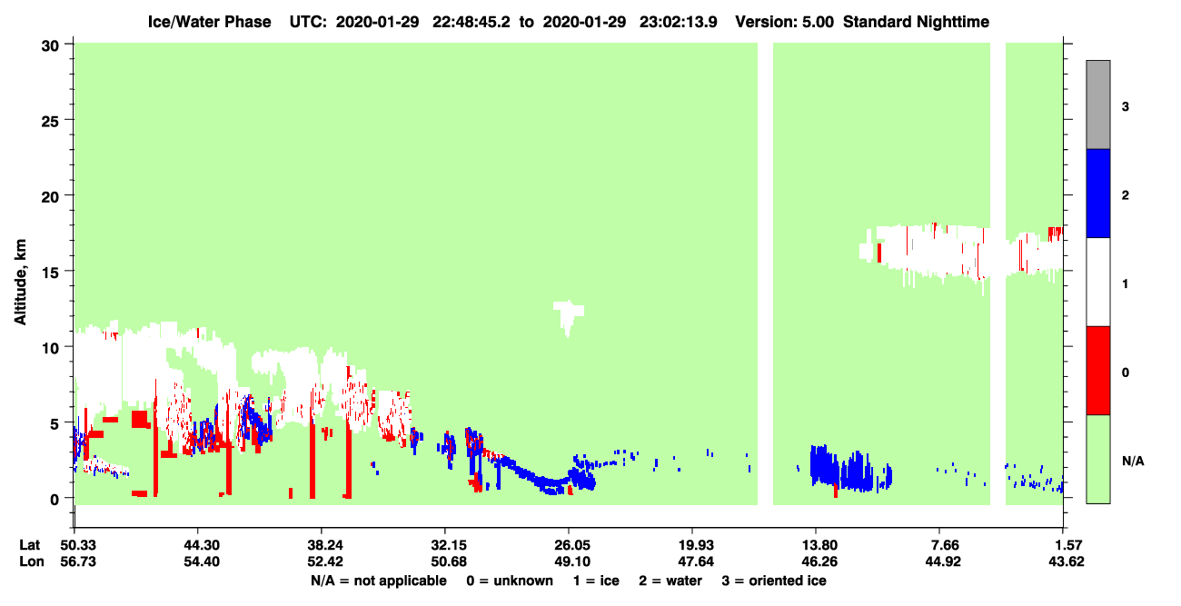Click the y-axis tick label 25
(50, 122)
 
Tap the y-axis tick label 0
(55, 500)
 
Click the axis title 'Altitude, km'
(20, 283)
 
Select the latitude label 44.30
(202, 545)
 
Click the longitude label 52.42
(325, 561)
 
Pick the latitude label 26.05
(572, 545)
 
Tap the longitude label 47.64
(696, 561)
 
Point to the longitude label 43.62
(1066, 561)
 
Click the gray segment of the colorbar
(1097, 104)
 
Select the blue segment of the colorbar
(1097, 193)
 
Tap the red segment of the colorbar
(1097, 371)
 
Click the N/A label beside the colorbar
(1133, 462)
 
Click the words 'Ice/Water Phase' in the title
(209, 22)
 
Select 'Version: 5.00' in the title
(785, 22)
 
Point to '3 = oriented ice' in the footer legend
(774, 581)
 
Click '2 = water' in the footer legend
(670, 581)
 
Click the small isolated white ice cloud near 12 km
(568, 314)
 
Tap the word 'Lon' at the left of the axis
(32, 561)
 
